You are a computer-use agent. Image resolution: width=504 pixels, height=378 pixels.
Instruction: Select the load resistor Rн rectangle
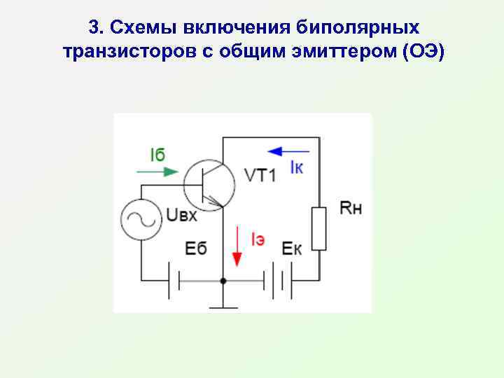tap(319, 228)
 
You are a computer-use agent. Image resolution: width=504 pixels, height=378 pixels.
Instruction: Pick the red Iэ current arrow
tap(237, 248)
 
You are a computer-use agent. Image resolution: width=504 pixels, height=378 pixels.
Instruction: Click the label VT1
tap(260, 176)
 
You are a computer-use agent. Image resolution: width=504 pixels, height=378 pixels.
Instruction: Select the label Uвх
tap(181, 215)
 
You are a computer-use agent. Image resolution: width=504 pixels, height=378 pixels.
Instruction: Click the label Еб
tap(197, 248)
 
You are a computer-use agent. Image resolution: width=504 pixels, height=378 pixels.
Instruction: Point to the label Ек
tap(292, 248)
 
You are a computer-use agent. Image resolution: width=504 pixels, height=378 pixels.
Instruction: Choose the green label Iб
tap(157, 155)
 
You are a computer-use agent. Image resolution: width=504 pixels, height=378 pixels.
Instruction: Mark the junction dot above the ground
tap(223, 281)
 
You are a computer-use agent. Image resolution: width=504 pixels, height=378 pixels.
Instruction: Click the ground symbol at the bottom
tap(223, 306)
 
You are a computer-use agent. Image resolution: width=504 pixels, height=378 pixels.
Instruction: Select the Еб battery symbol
tap(175, 281)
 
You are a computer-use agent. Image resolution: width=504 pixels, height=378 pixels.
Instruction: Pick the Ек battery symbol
tap(277, 281)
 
